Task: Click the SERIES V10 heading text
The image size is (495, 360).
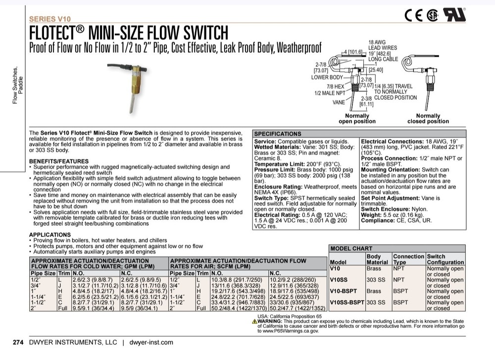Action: (x=49, y=19)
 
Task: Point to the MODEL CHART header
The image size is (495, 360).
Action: (x=350, y=249)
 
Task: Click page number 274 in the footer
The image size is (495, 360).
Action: (x=18, y=342)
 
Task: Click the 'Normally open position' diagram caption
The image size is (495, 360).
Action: (x=357, y=118)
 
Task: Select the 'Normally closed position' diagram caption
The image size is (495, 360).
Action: (x=428, y=118)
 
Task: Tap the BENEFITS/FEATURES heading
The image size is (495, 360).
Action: (x=59, y=162)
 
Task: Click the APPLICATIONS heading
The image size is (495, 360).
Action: (x=49, y=234)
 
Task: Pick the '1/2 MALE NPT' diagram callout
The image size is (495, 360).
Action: (x=330, y=92)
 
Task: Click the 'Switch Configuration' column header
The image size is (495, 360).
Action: (x=445, y=259)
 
